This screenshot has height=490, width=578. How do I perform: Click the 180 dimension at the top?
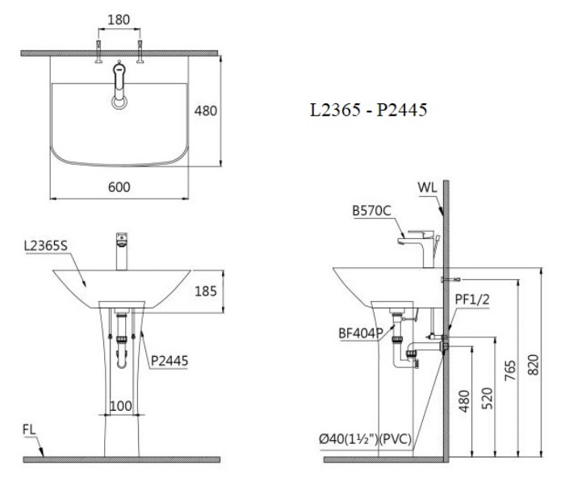click(x=119, y=18)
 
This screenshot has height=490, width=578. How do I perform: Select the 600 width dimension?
click(x=119, y=186)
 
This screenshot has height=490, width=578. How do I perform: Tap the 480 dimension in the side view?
click(x=465, y=400)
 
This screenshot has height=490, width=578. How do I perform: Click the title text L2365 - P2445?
click(x=368, y=110)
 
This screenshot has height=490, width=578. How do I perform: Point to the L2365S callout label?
click(x=46, y=246)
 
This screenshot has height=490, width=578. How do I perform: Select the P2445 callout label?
click(x=170, y=362)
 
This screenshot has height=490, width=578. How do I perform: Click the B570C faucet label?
click(x=371, y=211)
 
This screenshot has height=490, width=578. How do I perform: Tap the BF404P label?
click(x=360, y=332)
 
